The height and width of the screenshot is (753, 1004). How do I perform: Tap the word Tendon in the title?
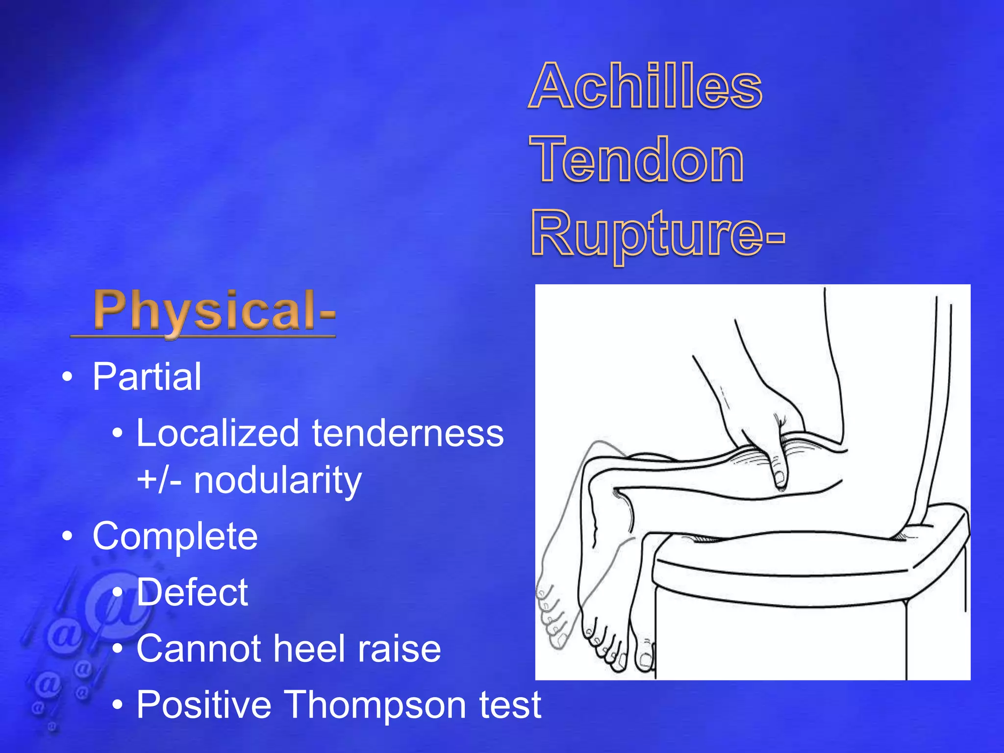click(x=636, y=160)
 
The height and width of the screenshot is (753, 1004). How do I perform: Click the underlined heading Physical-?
click(x=214, y=310)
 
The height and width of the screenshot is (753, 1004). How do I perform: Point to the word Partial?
click(x=147, y=376)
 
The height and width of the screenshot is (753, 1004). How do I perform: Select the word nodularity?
click(x=277, y=480)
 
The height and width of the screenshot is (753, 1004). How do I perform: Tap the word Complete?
click(x=175, y=536)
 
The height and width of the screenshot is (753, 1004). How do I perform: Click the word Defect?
click(x=192, y=592)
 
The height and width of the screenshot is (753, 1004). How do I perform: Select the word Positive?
click(x=204, y=705)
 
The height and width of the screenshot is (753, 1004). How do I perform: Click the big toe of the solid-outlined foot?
click(x=645, y=659)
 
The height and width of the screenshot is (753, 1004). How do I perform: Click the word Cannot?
click(x=199, y=649)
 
